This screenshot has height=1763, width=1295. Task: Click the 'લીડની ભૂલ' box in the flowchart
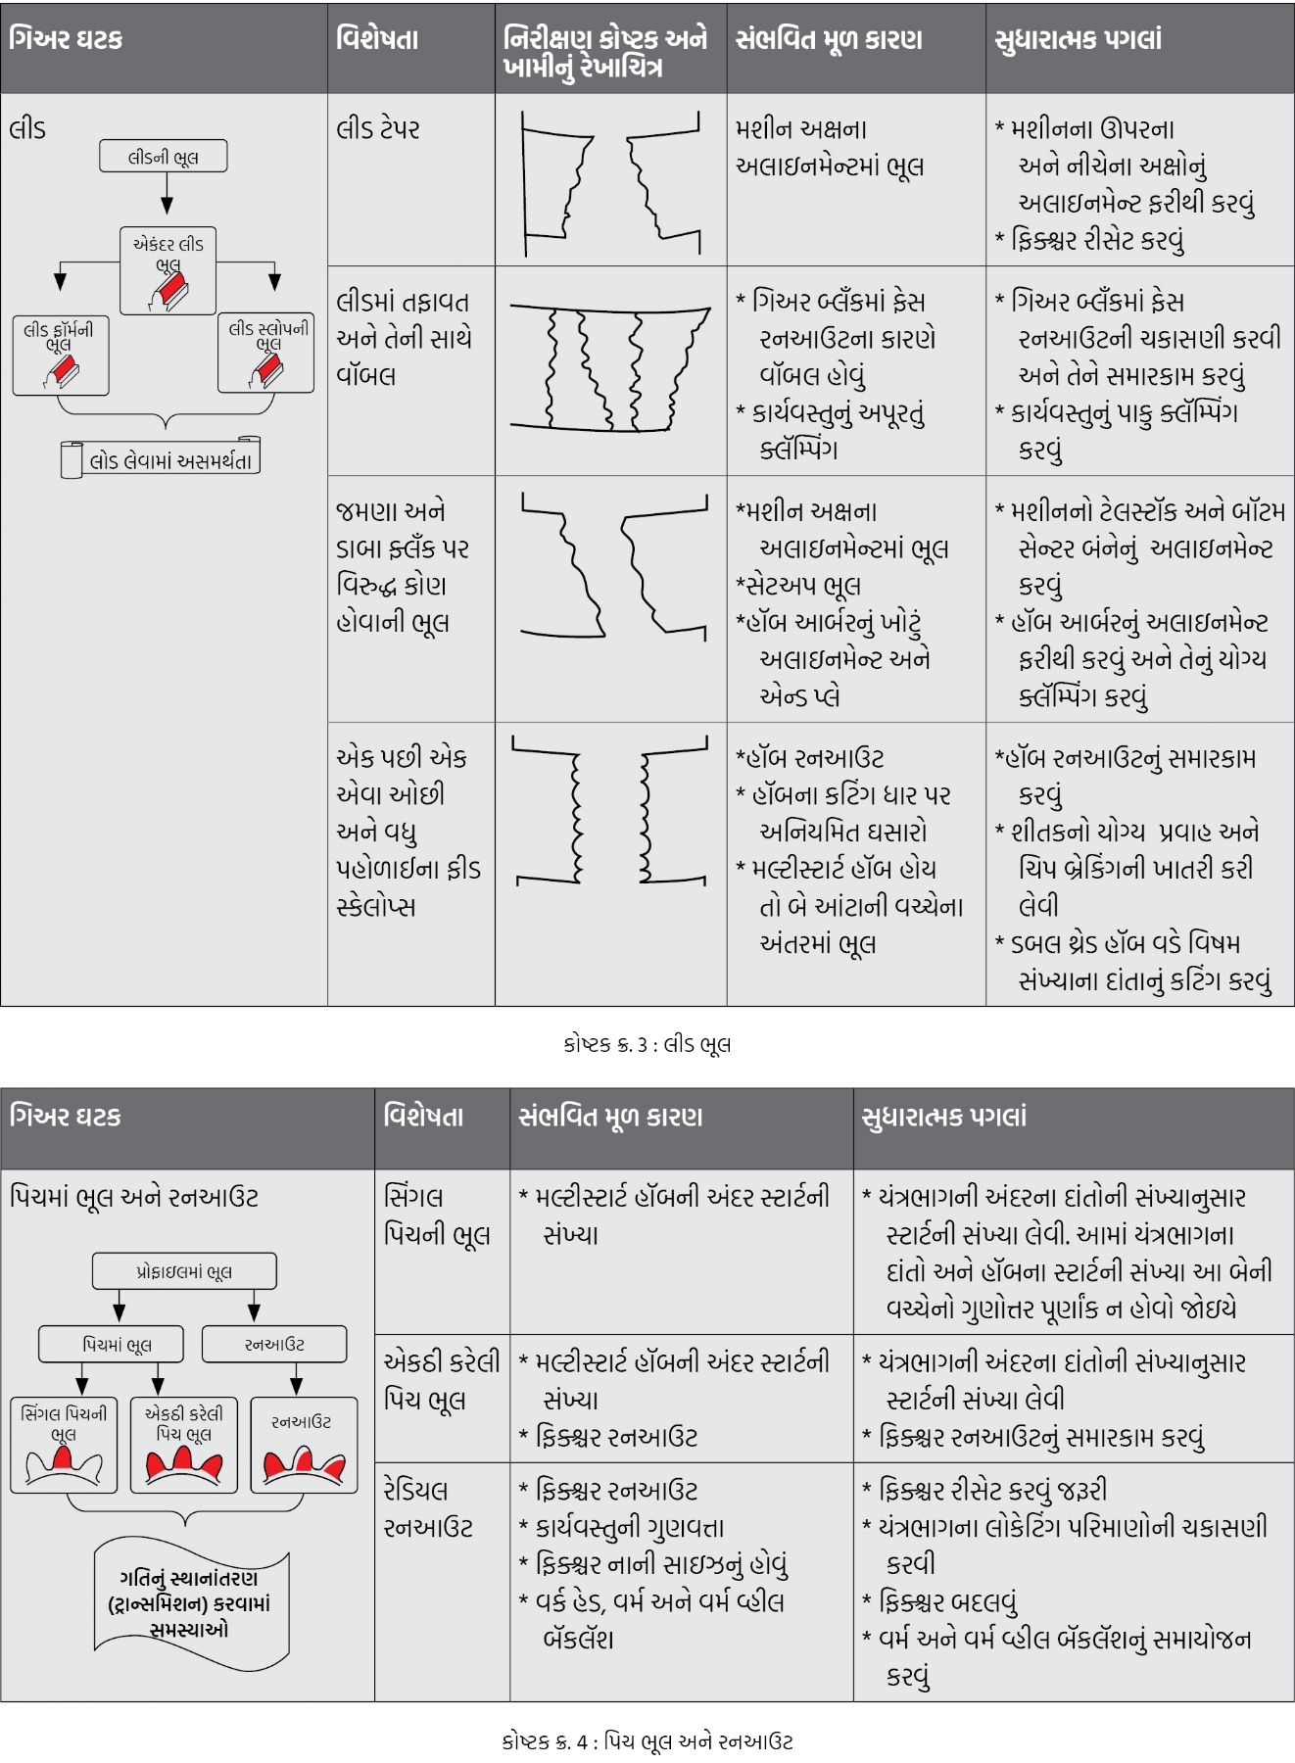tap(164, 157)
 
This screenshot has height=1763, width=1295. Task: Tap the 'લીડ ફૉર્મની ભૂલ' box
tap(61, 355)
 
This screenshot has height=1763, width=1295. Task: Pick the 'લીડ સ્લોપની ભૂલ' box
tap(266, 354)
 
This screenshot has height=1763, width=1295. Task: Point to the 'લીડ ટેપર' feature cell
tap(378, 129)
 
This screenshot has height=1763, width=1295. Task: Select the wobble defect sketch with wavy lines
tap(610, 368)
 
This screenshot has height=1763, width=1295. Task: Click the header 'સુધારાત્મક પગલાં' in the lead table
tap(1078, 40)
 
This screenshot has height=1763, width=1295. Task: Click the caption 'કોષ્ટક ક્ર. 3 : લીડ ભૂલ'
tap(647, 1044)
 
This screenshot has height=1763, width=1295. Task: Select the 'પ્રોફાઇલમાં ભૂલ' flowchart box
tap(184, 1271)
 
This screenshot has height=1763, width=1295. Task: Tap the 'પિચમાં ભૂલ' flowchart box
tap(112, 1344)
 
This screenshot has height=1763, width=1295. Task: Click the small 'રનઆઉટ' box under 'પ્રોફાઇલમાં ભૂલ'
tap(274, 1344)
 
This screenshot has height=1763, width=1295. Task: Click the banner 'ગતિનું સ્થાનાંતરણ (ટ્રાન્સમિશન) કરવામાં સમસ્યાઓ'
tap(190, 1603)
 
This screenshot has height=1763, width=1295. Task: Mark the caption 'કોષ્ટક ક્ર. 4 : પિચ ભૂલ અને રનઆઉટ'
tap(647, 1741)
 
